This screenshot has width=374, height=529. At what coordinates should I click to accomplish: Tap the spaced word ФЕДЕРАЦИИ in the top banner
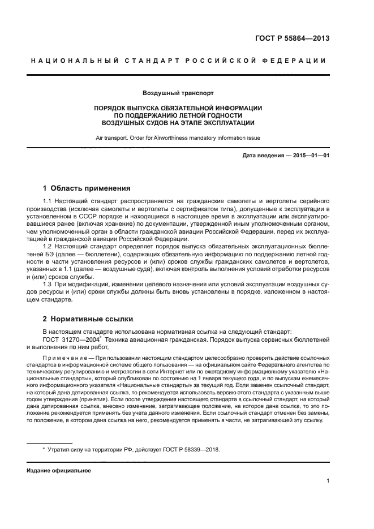coord(298,60)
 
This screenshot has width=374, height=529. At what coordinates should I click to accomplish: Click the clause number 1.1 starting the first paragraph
coord(48,201)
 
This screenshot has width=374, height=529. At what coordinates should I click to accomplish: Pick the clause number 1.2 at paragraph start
coord(48,246)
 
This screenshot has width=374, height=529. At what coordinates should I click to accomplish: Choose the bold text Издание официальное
coord(58,471)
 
